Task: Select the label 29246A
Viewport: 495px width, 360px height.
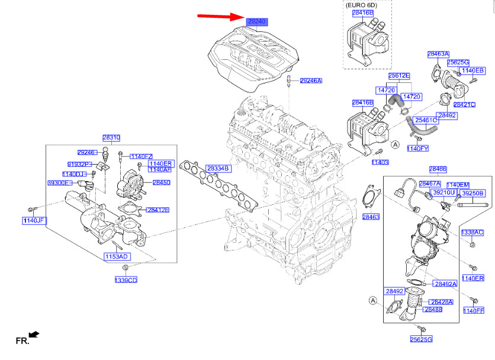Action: (310, 81)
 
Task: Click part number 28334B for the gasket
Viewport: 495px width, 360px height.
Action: (217, 168)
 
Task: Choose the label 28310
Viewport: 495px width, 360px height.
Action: (111, 137)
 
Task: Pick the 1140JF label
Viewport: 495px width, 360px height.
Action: (34, 221)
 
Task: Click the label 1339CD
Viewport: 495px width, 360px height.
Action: (126, 279)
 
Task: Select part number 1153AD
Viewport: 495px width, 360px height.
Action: (117, 256)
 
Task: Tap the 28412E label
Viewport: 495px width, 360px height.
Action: (158, 210)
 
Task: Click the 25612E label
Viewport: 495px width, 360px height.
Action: (398, 76)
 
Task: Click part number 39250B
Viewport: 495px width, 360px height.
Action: (472, 193)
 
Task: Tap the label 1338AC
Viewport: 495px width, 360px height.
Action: (472, 232)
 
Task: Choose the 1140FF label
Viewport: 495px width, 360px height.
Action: (474, 310)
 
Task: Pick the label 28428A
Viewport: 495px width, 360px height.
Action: (441, 302)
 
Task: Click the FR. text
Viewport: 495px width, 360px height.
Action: (22, 341)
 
